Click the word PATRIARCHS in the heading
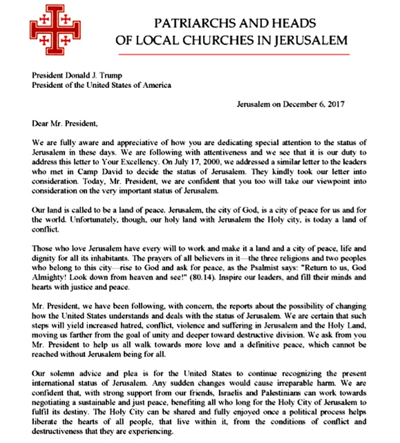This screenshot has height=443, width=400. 189,23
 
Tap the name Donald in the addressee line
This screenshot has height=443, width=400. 67,75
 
